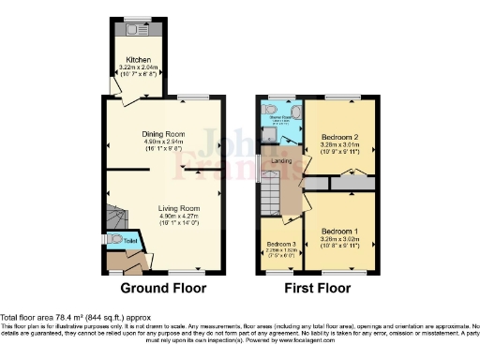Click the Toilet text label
pos(131,240)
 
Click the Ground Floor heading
pos(165,288)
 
